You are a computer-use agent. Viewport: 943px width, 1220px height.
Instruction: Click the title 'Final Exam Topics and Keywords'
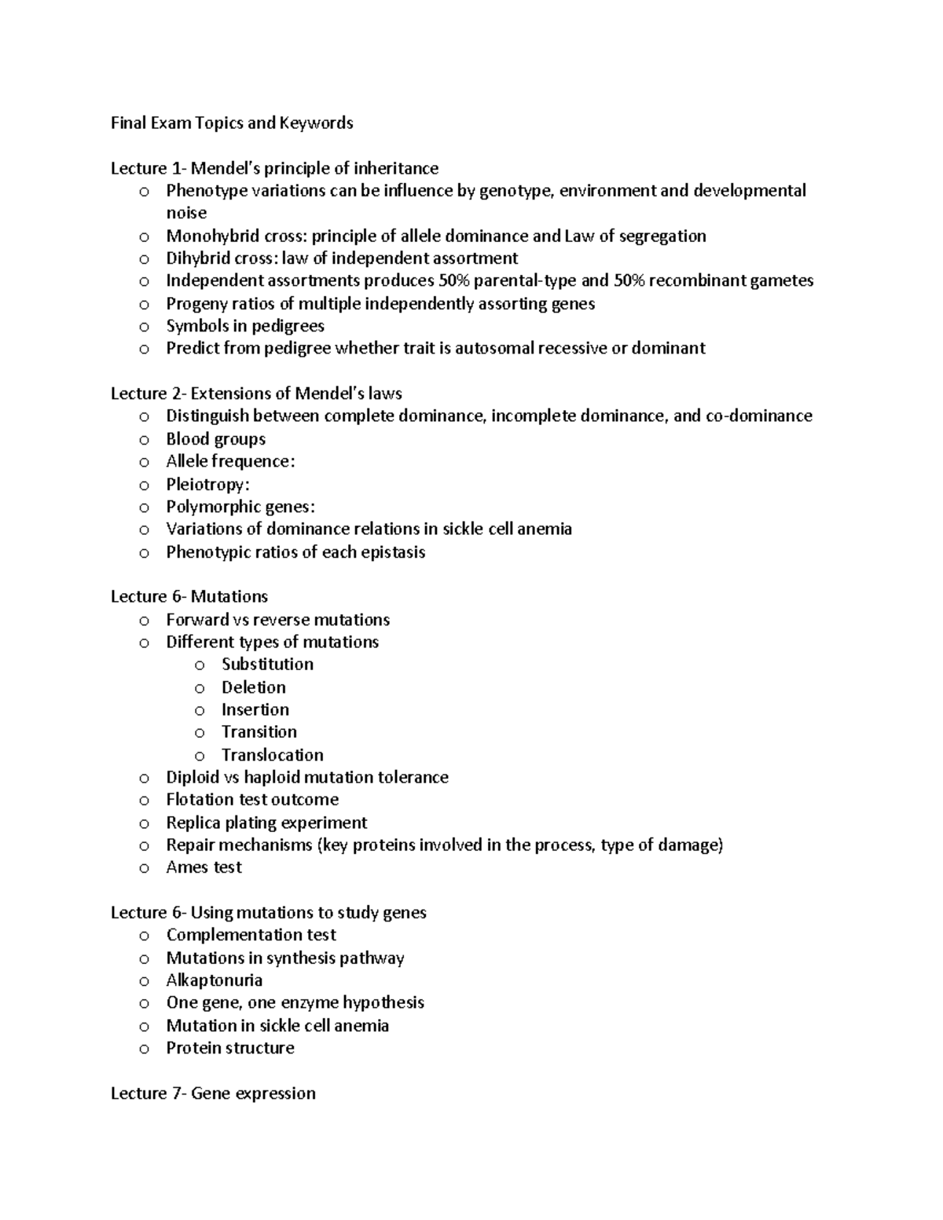click(x=232, y=123)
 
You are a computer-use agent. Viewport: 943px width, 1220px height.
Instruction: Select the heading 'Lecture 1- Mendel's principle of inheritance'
click(x=274, y=169)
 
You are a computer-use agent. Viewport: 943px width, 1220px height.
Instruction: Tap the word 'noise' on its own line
click(x=186, y=214)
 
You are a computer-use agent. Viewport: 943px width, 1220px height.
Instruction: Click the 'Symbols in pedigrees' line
click(x=245, y=326)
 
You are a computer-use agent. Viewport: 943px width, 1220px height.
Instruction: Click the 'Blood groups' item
click(x=216, y=439)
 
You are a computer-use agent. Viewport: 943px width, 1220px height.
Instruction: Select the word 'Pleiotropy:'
click(x=207, y=485)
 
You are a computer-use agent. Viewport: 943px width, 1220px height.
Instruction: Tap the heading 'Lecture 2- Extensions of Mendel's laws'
click(x=256, y=394)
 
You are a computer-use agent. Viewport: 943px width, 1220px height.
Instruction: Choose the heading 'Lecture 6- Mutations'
click(x=189, y=597)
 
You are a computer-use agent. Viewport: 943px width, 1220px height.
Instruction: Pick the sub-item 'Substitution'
click(x=267, y=665)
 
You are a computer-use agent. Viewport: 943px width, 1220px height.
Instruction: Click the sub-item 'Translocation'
click(x=273, y=755)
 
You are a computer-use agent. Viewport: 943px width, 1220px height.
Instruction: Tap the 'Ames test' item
click(x=204, y=867)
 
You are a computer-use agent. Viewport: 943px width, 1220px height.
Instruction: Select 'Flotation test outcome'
click(x=252, y=800)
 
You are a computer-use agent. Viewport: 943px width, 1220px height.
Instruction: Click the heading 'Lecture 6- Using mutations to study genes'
click(x=269, y=913)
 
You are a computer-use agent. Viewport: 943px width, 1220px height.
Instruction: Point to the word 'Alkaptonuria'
click(x=215, y=980)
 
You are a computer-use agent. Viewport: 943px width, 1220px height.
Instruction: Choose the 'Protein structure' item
click(x=230, y=1048)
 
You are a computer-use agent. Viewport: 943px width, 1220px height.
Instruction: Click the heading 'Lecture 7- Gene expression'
click(x=213, y=1094)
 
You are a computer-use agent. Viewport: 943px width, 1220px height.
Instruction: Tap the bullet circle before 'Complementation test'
click(x=144, y=936)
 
